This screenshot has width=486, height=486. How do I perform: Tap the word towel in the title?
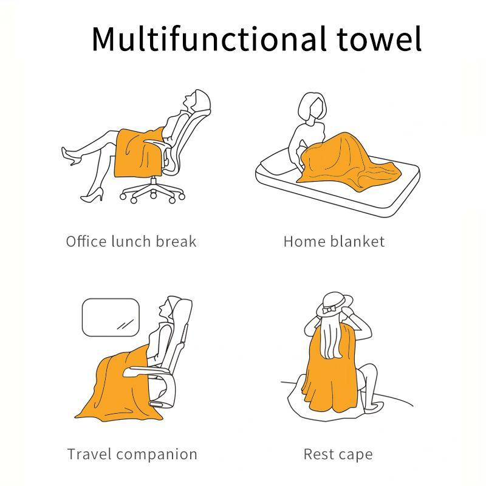[378, 38]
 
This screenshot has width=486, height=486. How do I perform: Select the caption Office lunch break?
[131, 241]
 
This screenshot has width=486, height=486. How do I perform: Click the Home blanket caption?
[334, 241]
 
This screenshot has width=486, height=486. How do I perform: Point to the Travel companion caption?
[132, 454]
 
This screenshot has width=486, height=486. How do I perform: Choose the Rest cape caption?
[338, 454]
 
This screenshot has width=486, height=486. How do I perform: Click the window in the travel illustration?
[111, 317]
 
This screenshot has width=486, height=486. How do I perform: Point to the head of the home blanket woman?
[313, 108]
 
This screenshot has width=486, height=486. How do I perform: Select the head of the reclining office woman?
[199, 100]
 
